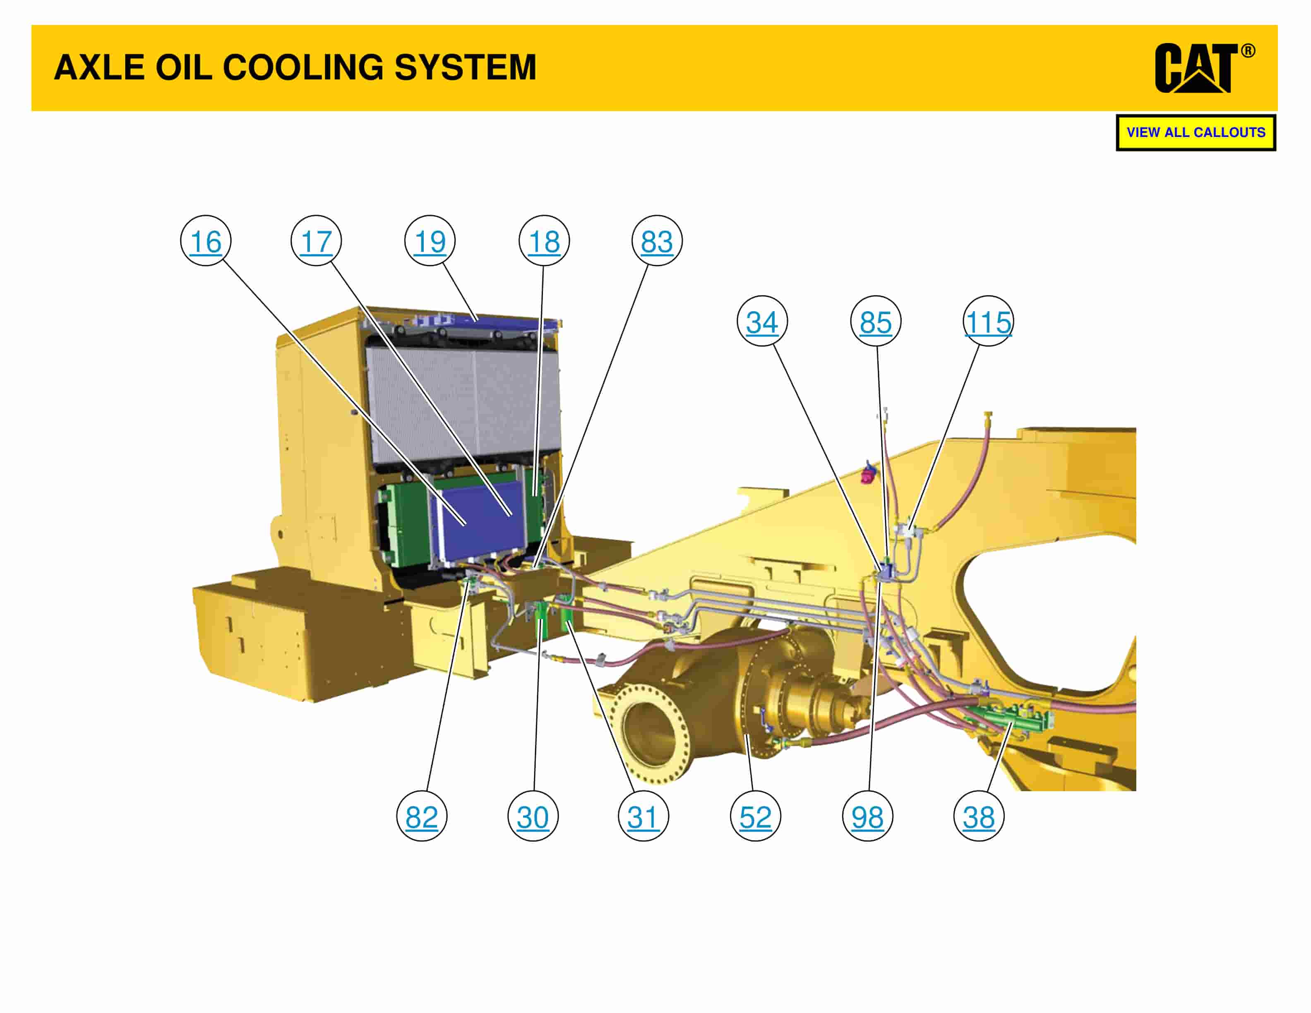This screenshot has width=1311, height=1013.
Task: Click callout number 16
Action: (205, 241)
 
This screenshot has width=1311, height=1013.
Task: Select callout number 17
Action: (316, 241)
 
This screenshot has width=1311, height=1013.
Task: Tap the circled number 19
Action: (430, 241)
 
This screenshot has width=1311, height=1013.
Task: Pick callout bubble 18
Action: (544, 241)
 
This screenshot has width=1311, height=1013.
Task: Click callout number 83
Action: (657, 241)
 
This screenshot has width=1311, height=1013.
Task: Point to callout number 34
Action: (762, 322)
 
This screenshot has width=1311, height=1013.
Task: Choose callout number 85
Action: (875, 322)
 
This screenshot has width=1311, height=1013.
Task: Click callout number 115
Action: (988, 322)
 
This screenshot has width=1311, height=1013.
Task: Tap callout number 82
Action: (421, 817)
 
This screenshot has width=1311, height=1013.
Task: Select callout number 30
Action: (533, 817)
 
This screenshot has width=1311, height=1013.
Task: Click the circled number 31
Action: (643, 817)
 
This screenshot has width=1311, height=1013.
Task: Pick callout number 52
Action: (755, 817)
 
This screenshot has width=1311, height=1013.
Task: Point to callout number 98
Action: (867, 817)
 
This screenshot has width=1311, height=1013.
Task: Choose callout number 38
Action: (978, 817)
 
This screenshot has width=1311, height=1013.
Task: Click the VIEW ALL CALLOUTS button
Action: (1196, 133)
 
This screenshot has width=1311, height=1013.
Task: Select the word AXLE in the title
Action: (99, 67)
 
